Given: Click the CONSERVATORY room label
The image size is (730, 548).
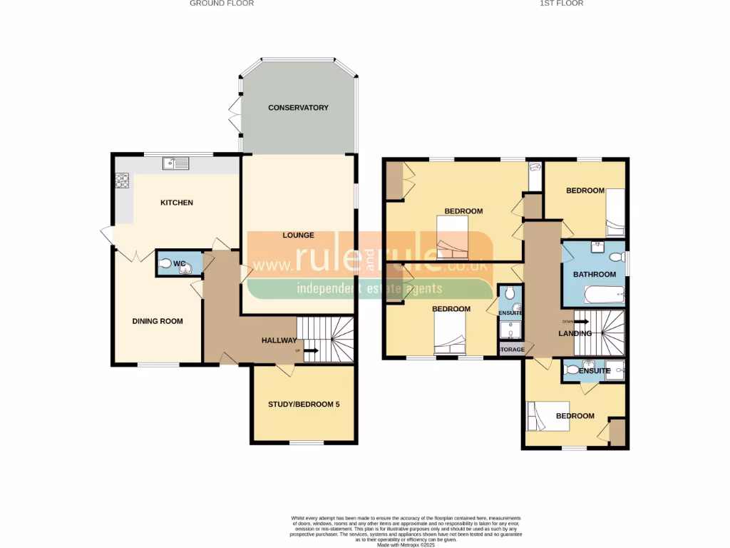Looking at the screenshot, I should pyautogui.click(x=298, y=108).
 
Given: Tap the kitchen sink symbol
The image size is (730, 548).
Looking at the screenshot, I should pyautogui.click(x=175, y=164).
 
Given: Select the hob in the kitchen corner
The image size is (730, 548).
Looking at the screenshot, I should pyautogui.click(x=121, y=181).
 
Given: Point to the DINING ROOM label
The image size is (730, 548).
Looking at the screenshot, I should pyautogui.click(x=158, y=321).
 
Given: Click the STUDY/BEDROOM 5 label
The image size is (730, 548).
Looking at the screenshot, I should pyautogui.click(x=304, y=405).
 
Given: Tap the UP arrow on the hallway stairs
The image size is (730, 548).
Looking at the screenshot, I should pyautogui.click(x=310, y=350).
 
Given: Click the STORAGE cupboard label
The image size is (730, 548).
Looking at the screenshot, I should pyautogui.click(x=511, y=350).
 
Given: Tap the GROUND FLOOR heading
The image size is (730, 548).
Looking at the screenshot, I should pyautogui.click(x=222, y=4).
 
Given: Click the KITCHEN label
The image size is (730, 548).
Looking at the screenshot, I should pyautogui.click(x=176, y=203).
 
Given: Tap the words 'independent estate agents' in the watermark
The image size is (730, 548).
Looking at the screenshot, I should pyautogui.click(x=369, y=289).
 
